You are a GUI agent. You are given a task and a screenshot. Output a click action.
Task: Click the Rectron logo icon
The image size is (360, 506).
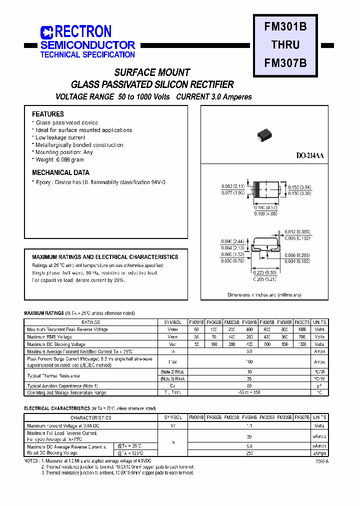coord(46,33)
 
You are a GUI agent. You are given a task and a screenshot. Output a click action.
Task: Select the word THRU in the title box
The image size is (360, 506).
coord(285,45)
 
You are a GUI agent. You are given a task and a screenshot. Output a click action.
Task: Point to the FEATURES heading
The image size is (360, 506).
coord(48,114)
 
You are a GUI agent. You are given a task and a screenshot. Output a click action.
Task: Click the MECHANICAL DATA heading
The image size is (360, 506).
coord(60,172)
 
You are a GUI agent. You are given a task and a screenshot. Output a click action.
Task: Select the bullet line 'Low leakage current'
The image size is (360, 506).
coord(60,137)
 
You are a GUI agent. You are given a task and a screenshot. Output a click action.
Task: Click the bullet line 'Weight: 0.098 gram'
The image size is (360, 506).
coord(59,159)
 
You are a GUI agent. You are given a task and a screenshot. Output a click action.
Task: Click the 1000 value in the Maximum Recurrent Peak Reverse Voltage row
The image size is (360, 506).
coord(301,329)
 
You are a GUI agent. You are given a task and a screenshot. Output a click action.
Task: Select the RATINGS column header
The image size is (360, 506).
coord(91,322)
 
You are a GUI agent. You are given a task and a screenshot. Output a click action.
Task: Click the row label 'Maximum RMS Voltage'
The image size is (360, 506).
coord(49,337)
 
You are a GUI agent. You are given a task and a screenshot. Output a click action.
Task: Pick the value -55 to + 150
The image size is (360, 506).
coord(249,392)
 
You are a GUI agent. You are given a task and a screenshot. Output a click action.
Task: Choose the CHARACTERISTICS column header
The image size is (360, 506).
coord(91,417)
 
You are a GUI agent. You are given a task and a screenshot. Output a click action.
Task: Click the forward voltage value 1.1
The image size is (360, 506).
coord(249,425)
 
